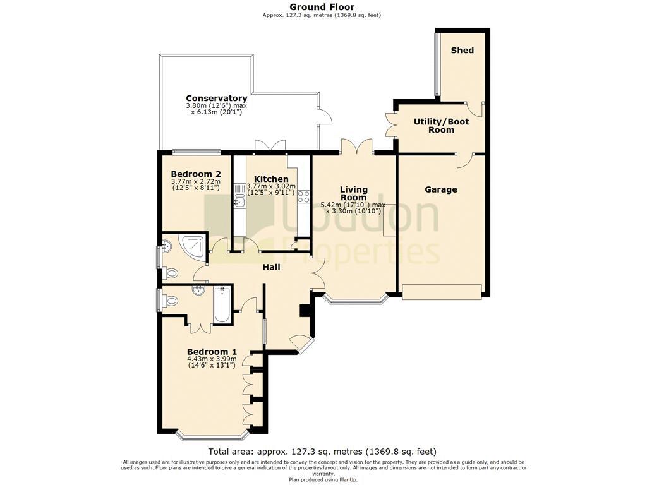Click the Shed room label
coord(462,51)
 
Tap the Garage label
coord(440,189)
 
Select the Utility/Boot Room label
coord(441,126)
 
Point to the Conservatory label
coord(216,98)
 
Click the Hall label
coord(272,267)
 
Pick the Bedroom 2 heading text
coord(196,174)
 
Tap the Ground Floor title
coord(322,6)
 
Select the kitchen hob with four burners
coord(304,196)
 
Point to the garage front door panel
coord(442,291)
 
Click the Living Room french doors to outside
coord(358,147)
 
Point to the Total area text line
coord(322,452)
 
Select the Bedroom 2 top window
coord(197,152)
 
